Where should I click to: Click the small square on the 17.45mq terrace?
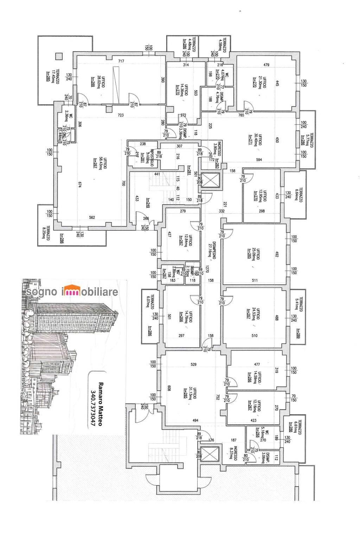point(59,56)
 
